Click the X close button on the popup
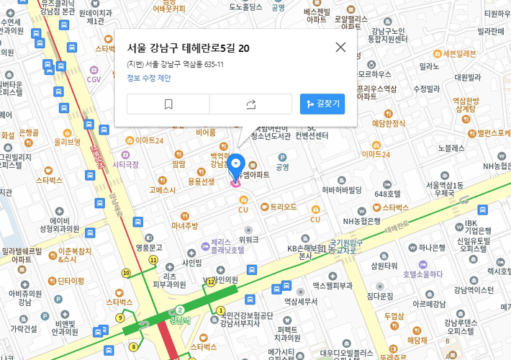pos(340,47)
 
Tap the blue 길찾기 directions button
pos(322,104)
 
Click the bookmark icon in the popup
pos(168,104)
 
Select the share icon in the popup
pos(250,104)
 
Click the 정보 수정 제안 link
pos(149,78)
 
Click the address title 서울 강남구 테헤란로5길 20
pos(189,48)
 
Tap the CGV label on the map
pos(94,79)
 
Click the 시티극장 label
pos(125,165)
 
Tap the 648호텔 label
pos(388,194)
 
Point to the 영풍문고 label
pos(149,248)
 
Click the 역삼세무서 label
pos(301,302)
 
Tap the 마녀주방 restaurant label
pos(185,226)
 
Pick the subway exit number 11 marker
pos(153,259)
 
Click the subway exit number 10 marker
pos(126,273)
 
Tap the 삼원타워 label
pos(384,266)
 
